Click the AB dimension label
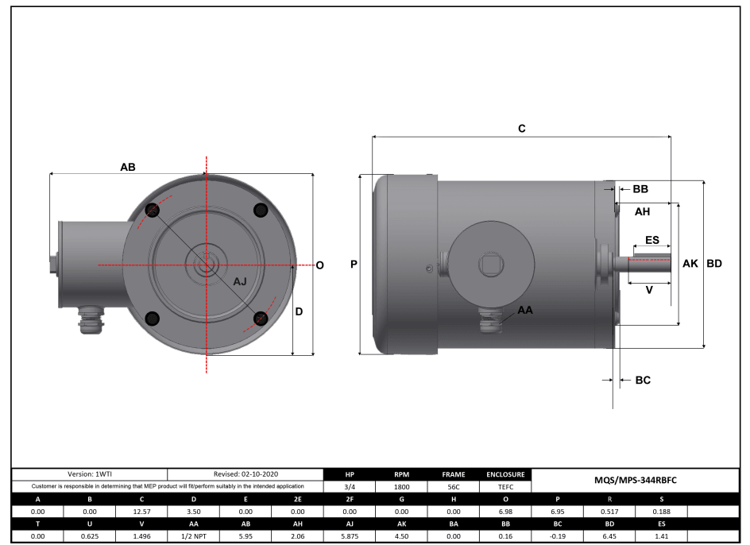[x=127, y=167]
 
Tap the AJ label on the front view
[x=241, y=282]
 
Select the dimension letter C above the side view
[x=521, y=128]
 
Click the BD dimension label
[x=714, y=264]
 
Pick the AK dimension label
[x=690, y=264]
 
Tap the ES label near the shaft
[x=651, y=240]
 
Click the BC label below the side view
[x=643, y=381]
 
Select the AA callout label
[x=525, y=310]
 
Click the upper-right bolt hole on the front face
[x=260, y=210]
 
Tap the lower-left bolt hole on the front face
[x=153, y=318]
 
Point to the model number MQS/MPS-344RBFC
[x=636, y=480]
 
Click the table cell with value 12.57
[x=142, y=512]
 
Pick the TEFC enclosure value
[x=505, y=486]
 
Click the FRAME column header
[x=453, y=474]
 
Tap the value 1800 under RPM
[x=402, y=486]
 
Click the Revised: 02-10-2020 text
[x=245, y=473]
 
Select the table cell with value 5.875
[x=350, y=537]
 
